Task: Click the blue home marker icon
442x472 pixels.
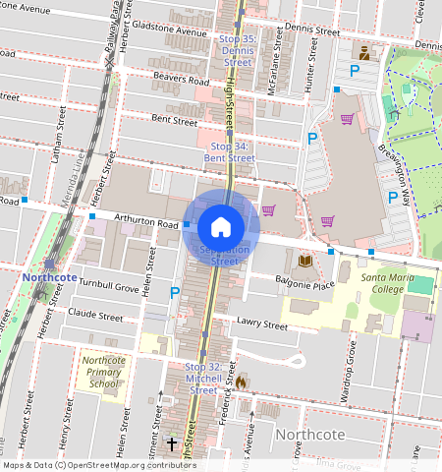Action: [221, 227]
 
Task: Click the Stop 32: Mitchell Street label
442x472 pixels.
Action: [202, 378]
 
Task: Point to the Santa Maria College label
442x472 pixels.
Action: [397, 284]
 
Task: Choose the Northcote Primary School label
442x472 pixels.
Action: [102, 375]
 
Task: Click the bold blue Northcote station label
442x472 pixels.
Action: [49, 278]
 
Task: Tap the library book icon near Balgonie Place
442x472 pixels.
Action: [304, 261]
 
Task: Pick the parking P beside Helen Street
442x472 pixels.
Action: [175, 292]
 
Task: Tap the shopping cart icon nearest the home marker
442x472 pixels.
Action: [268, 209]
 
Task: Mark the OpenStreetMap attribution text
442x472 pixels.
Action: [97, 465]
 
